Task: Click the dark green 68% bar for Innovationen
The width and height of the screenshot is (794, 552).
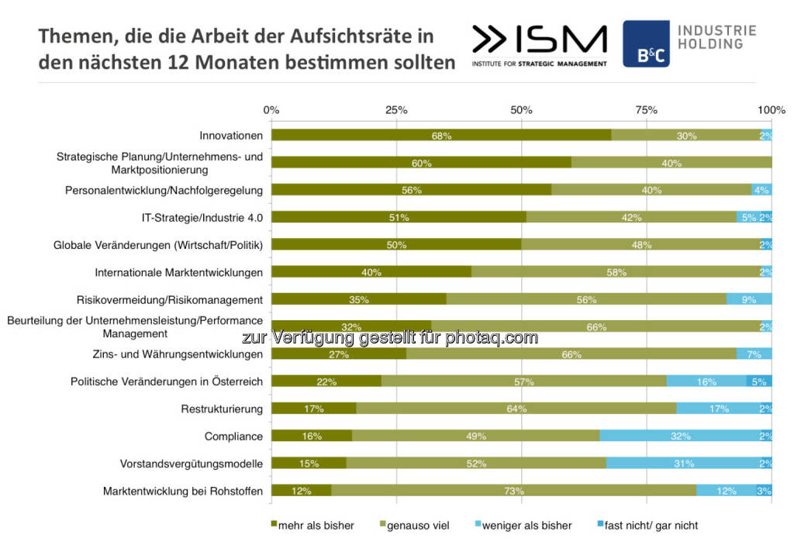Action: (x=441, y=136)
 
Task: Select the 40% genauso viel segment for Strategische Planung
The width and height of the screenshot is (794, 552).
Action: (x=671, y=163)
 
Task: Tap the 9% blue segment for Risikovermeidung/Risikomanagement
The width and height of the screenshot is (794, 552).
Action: (x=749, y=299)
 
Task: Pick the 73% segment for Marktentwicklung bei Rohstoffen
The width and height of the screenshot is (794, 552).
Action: (x=513, y=491)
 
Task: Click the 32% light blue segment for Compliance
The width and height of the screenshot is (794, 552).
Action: (x=680, y=436)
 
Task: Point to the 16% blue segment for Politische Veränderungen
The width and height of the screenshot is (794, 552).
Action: (x=706, y=381)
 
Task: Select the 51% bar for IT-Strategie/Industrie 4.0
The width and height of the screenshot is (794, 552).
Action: (x=399, y=217)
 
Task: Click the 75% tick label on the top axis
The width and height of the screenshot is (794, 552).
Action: (x=647, y=110)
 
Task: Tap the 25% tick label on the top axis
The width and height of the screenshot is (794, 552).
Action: (x=396, y=110)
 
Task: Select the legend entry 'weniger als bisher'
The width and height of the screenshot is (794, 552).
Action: (x=526, y=526)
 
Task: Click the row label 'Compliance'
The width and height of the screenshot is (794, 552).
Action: (x=233, y=436)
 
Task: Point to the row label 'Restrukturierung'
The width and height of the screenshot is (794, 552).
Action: (x=222, y=409)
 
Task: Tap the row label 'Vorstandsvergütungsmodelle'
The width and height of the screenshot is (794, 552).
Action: (x=192, y=464)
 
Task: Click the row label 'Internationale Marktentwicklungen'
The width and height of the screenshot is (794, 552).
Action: (x=179, y=272)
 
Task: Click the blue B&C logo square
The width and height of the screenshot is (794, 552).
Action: (x=646, y=43)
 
